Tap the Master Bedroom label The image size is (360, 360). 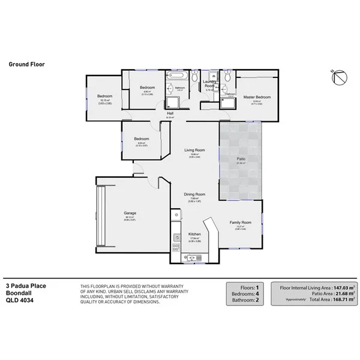(257, 97)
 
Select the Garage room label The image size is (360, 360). (130, 212)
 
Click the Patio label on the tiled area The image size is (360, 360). (241, 158)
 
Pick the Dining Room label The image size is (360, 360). (194, 194)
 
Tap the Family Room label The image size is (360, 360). (240, 222)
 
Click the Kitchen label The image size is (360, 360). (194, 233)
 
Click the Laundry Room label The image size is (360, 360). (209, 83)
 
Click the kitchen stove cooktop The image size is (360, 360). (176, 246)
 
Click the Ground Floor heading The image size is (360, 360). (26, 63)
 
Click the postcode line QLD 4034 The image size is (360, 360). (19, 301)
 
